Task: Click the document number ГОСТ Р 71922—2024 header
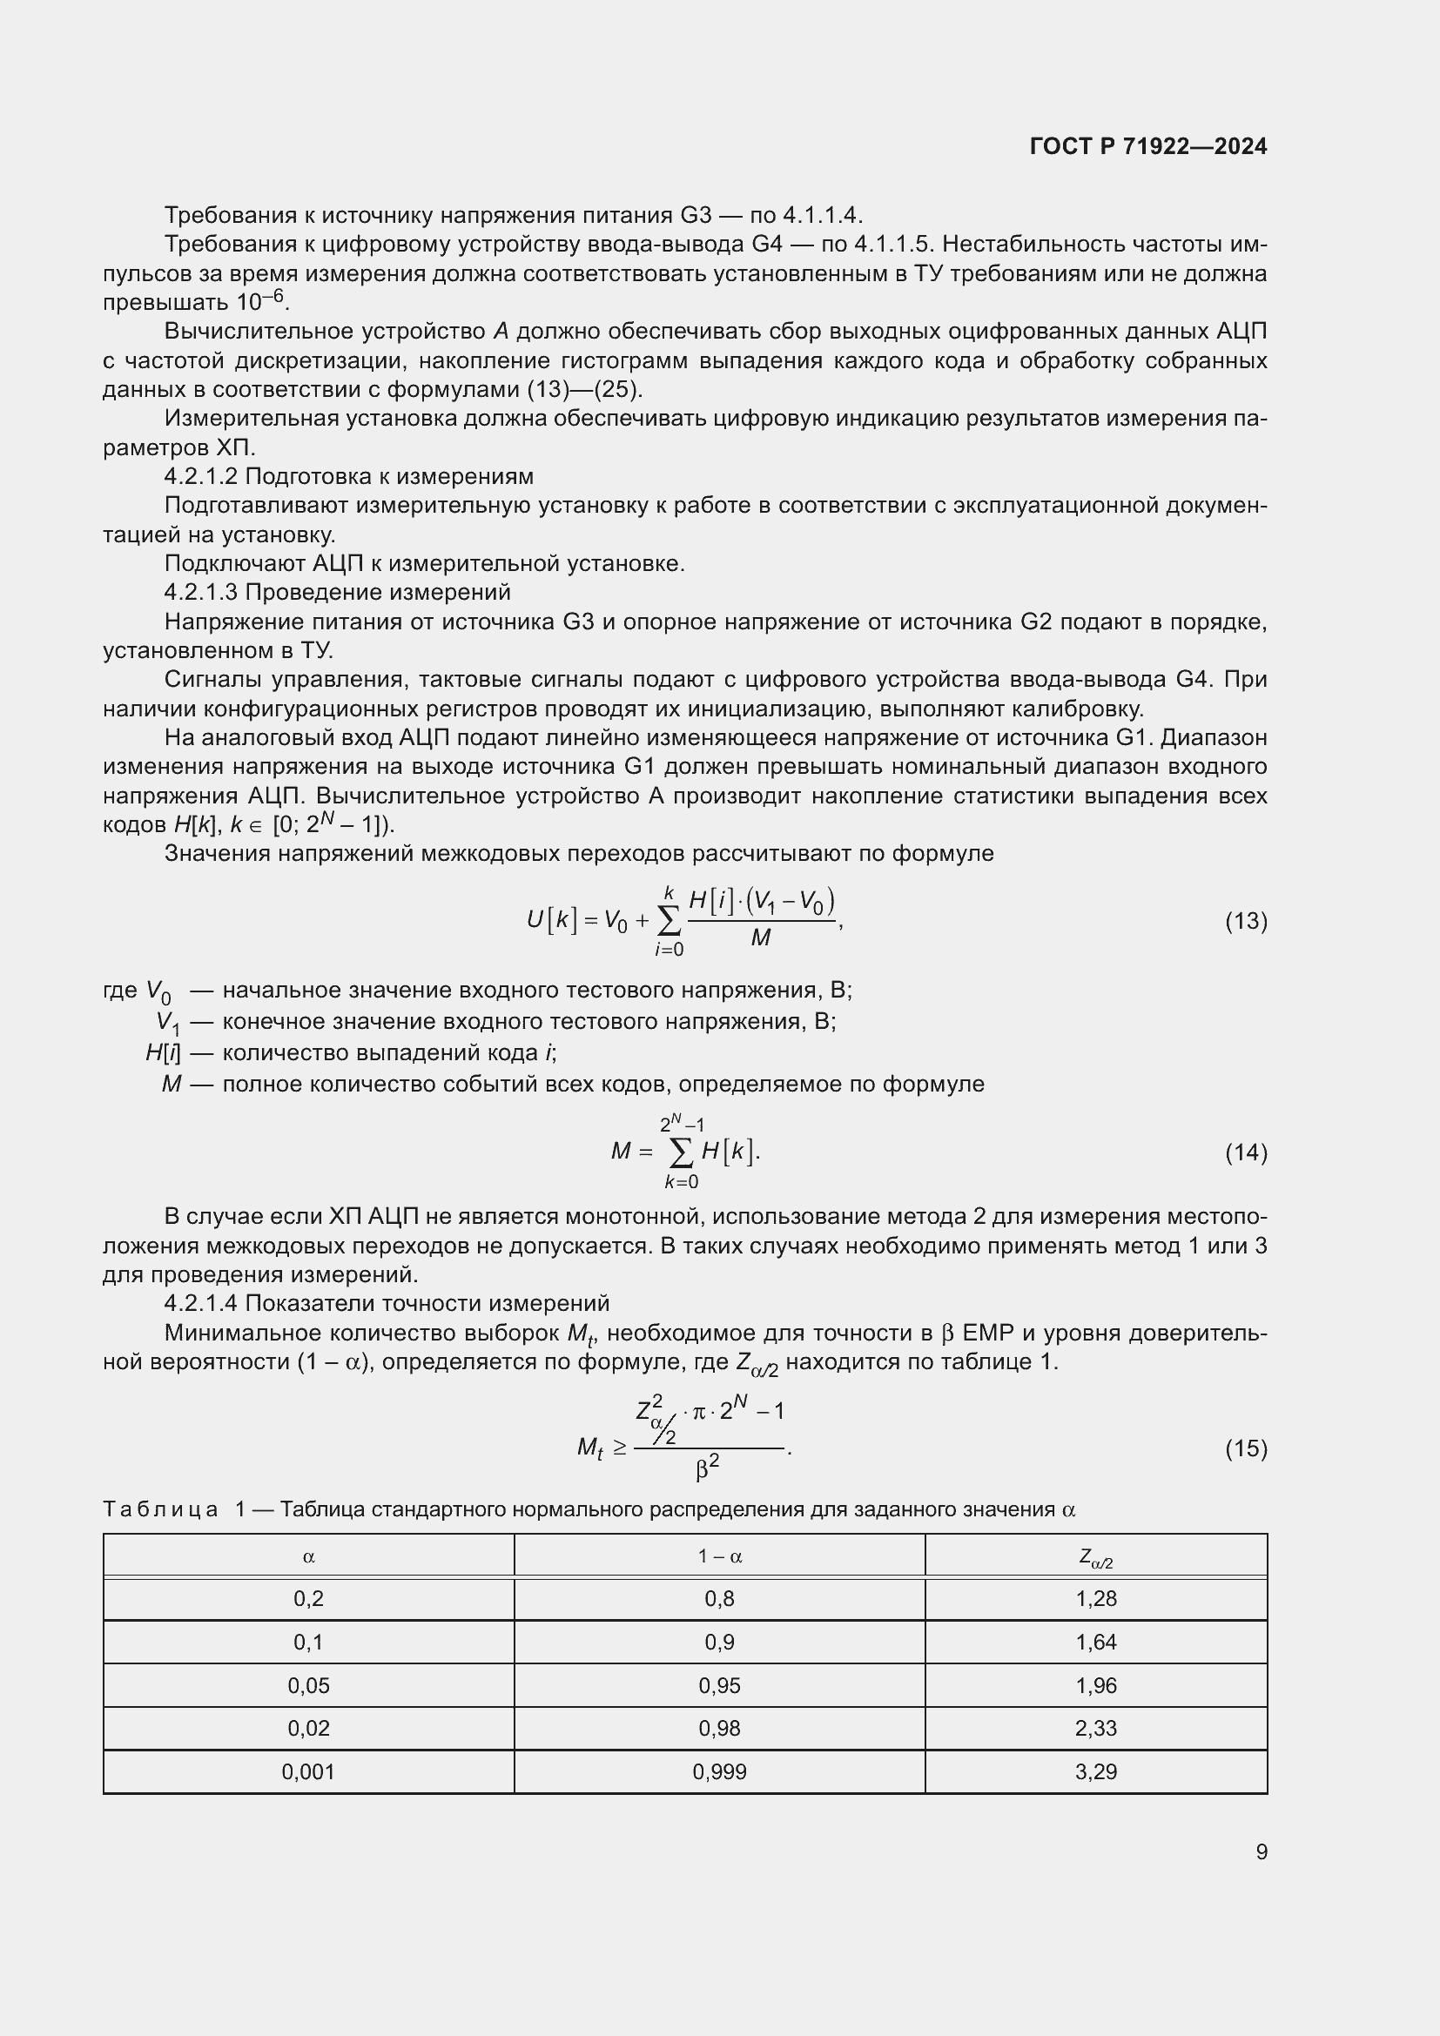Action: coord(1148,146)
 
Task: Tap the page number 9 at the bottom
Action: coord(1261,1851)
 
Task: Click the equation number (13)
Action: coord(1246,921)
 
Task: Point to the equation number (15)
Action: coord(1246,1448)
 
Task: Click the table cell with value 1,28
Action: coord(1096,1599)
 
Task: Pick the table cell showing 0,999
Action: coord(719,1771)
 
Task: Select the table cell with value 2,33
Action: coord(1096,1729)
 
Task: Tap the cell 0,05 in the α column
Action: coord(308,1686)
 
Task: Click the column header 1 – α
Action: coord(719,1556)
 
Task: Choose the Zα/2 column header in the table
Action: coord(1096,1557)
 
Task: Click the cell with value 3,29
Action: coord(1096,1771)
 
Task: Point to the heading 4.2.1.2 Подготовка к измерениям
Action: coord(348,476)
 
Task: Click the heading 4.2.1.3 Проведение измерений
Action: coord(337,591)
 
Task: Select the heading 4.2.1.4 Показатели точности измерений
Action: coord(387,1303)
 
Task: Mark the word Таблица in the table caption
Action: coord(160,1509)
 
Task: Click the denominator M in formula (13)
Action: coord(760,937)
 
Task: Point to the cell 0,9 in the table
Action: coord(719,1643)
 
